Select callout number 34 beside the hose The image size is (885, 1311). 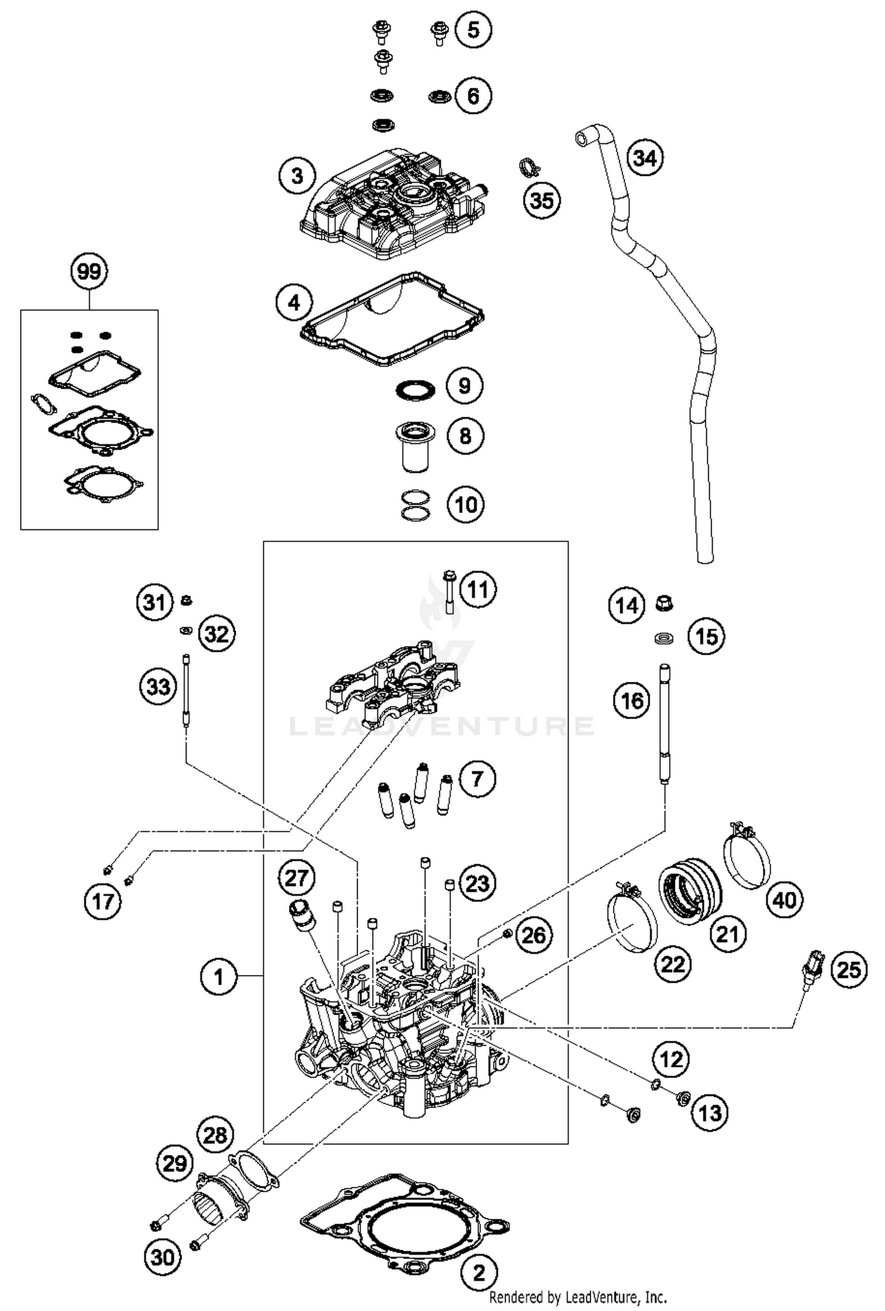click(644, 158)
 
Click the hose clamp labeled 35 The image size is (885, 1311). click(530, 168)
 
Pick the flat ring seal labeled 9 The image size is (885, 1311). click(415, 390)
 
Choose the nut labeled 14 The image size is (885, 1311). click(665, 603)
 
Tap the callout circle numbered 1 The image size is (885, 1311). click(218, 977)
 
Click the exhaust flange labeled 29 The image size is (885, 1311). click(218, 1195)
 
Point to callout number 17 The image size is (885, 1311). click(102, 901)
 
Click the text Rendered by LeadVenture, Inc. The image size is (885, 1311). click(578, 1297)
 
